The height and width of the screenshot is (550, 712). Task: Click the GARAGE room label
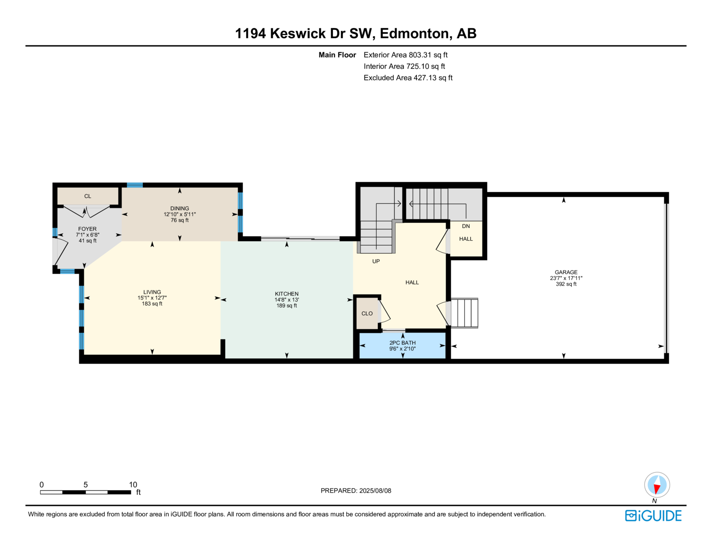(566, 272)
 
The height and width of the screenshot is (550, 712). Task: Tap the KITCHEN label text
(287, 294)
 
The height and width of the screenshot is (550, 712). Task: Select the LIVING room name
(152, 292)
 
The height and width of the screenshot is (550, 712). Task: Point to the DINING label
(179, 208)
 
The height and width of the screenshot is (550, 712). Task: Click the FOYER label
(88, 229)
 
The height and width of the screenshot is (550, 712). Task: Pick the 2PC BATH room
(402, 346)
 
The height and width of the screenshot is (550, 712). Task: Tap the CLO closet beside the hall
(367, 313)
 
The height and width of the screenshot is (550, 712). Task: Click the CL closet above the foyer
(88, 196)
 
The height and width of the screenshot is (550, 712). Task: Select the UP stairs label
(376, 261)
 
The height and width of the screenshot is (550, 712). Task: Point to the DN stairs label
(465, 226)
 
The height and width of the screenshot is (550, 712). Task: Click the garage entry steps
(464, 313)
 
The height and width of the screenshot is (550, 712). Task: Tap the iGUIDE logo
(653, 516)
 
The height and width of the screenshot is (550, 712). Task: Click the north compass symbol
(657, 485)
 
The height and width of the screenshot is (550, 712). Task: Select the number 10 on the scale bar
(133, 485)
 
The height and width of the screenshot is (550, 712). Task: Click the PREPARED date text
(356, 491)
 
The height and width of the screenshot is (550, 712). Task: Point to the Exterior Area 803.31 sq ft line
(405, 55)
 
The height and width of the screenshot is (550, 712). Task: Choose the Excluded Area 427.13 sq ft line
(408, 78)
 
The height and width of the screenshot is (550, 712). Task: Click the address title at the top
(356, 33)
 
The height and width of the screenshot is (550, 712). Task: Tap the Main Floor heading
(337, 55)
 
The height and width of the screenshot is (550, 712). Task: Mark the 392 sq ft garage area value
(566, 284)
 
